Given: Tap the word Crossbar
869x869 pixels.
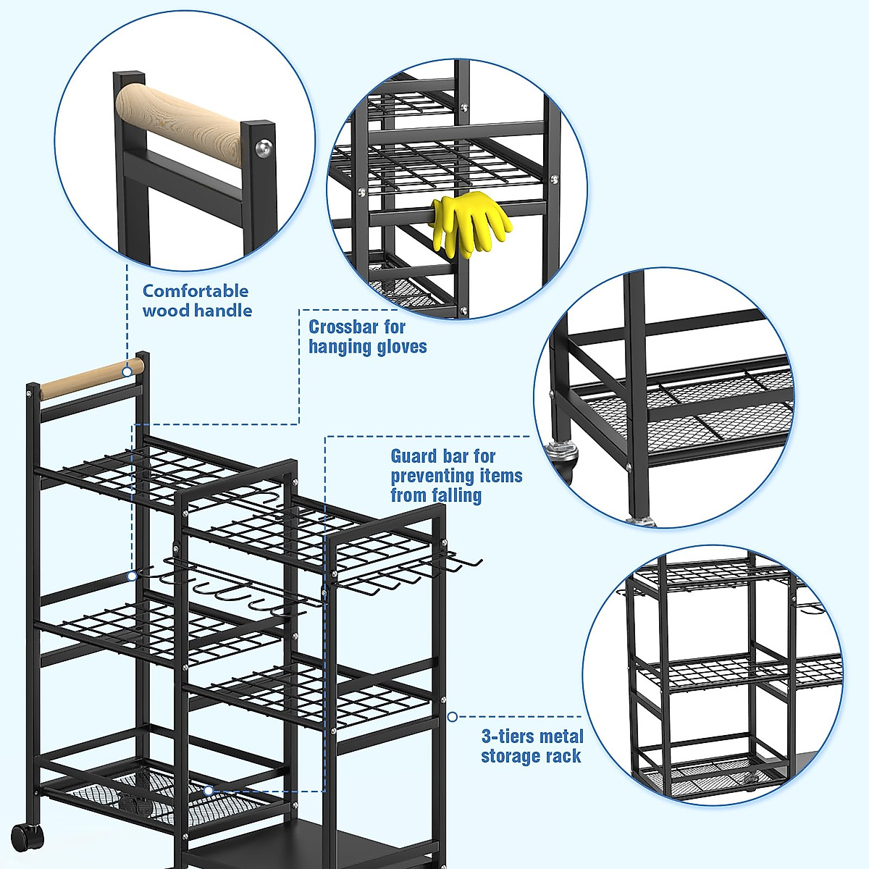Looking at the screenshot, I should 343,327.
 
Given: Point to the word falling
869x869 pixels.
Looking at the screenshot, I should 456,495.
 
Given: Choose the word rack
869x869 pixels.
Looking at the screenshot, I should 564,757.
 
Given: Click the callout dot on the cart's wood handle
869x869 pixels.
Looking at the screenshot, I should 127,371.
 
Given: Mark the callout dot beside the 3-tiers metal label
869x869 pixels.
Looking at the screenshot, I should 452,717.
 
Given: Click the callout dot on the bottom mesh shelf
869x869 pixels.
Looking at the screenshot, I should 208,791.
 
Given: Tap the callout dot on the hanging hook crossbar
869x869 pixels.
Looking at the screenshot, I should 132,576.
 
